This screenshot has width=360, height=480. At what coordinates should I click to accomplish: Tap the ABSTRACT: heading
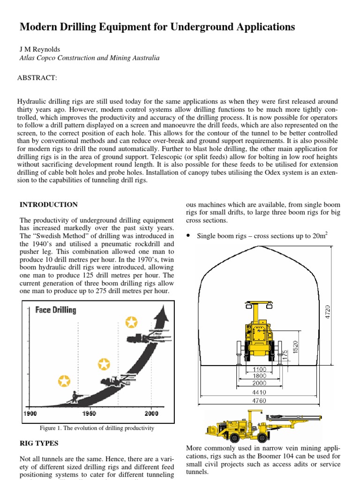pyautogui.click(x=38, y=77)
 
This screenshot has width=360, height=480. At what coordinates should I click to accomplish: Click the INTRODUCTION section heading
pyautogui.click(x=49, y=205)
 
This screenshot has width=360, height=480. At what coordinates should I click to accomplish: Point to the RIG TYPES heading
pyautogui.click(x=39, y=443)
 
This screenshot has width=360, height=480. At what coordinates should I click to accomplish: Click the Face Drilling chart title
pyautogui.click(x=56, y=310)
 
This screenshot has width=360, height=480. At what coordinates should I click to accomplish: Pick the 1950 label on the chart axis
pyautogui.click(x=90, y=413)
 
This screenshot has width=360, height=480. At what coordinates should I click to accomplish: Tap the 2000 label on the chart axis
pyautogui.click(x=151, y=413)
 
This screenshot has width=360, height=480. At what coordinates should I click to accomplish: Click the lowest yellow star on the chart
pyautogui.click(x=64, y=381)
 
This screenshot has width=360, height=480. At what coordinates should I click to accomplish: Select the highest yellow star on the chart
pyautogui.click(x=132, y=322)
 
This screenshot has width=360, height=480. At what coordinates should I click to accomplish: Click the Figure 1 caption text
pyautogui.click(x=97, y=428)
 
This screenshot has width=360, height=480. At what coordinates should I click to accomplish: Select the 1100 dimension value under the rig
pyautogui.click(x=259, y=369)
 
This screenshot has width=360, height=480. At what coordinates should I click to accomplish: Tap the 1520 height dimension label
pyautogui.click(x=295, y=348)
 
